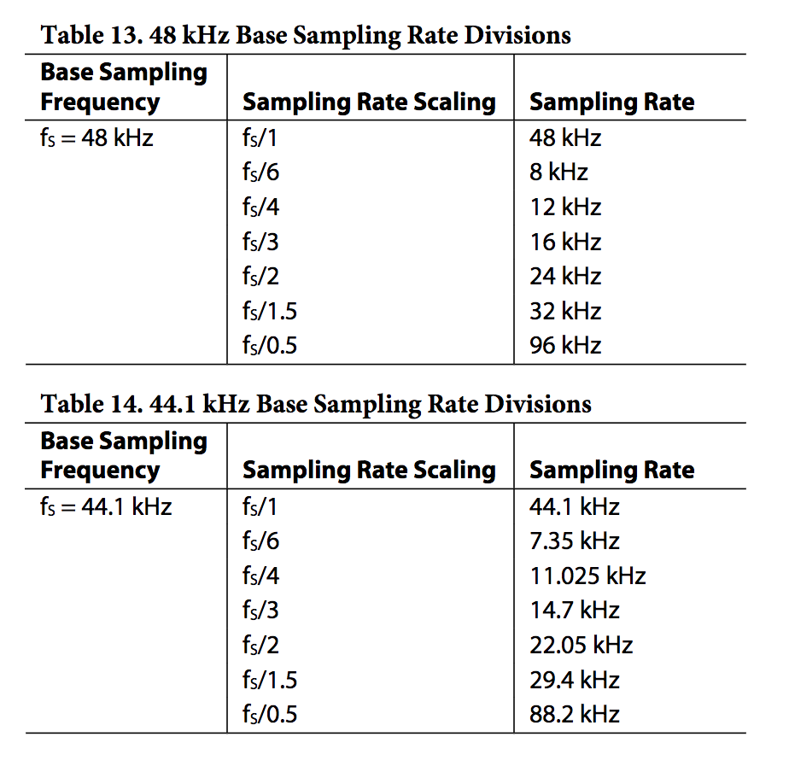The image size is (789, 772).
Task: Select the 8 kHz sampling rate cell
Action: coord(558,173)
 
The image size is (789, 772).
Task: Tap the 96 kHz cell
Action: coord(565,345)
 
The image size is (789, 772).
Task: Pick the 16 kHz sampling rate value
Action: coord(565,242)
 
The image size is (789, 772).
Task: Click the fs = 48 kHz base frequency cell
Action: coord(96,137)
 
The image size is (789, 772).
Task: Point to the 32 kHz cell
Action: coord(565,311)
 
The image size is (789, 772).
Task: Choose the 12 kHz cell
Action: coord(565,207)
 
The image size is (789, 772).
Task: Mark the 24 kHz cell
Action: coord(565,277)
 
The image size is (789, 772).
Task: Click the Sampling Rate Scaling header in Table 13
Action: coord(369,102)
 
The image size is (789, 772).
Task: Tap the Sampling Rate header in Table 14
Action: coord(612,470)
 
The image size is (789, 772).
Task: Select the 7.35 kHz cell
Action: coord(574,541)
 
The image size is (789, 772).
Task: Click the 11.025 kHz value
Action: coord(587,576)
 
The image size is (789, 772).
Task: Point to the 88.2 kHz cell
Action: coord(574,714)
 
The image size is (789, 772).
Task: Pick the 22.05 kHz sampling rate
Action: coord(581,645)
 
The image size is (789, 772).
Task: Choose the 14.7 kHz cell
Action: coord(574,611)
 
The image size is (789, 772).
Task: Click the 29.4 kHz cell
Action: coord(574,680)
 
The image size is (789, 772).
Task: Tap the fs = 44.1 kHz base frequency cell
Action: coord(106,506)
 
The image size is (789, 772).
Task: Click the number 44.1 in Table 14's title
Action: coord(172,404)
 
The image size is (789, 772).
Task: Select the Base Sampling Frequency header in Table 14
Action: coord(124,455)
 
